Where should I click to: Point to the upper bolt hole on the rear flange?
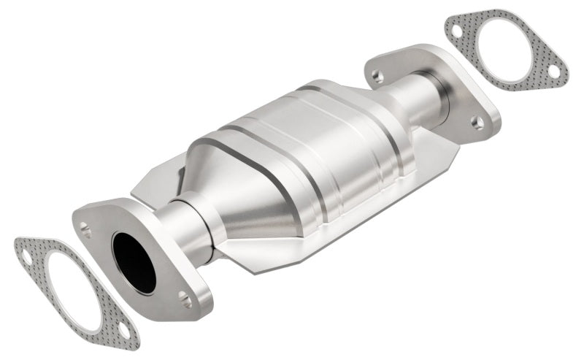(377, 74)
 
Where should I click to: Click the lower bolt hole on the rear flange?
(477, 123)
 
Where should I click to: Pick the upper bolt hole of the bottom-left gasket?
(27, 257)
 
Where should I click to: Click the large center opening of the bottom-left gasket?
(72, 292)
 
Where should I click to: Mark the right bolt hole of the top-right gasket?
(553, 71)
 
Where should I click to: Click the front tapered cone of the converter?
(219, 190)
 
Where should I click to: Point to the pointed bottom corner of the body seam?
(257, 272)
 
